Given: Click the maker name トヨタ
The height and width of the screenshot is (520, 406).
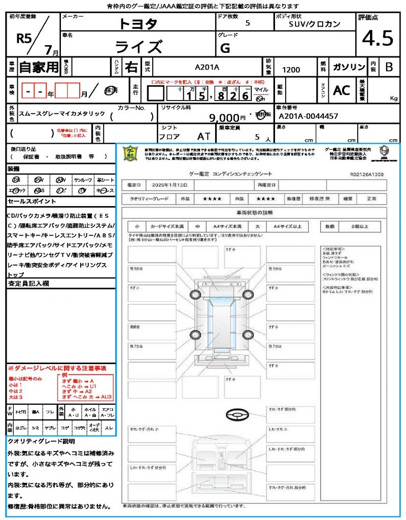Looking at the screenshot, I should click(138, 23).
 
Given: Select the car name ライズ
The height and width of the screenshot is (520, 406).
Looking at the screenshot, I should click(138, 47).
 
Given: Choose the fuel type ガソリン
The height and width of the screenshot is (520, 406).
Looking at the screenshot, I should click(349, 67).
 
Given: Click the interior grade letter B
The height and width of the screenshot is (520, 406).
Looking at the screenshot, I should click(388, 67).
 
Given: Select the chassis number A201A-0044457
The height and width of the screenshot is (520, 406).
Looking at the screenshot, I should click(308, 116).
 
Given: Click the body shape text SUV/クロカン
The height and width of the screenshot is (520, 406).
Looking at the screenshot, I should click(314, 23).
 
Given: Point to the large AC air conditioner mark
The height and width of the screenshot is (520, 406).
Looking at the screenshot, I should click(342, 90).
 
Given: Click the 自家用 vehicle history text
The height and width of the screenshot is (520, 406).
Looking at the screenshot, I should click(39, 67).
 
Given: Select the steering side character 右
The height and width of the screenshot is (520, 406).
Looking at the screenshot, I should click(131, 67).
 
